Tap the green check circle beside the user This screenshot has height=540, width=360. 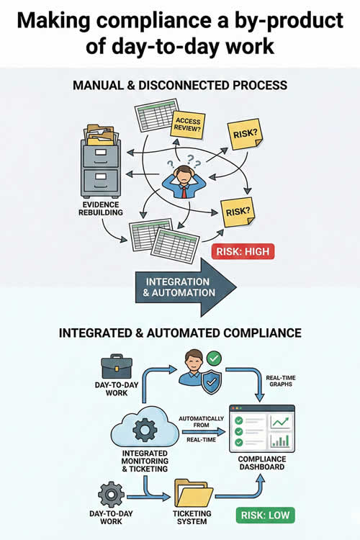coord(213,357)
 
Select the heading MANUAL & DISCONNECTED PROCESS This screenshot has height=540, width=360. coord(180,85)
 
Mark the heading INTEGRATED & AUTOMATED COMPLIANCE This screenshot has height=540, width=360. coord(180,333)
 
